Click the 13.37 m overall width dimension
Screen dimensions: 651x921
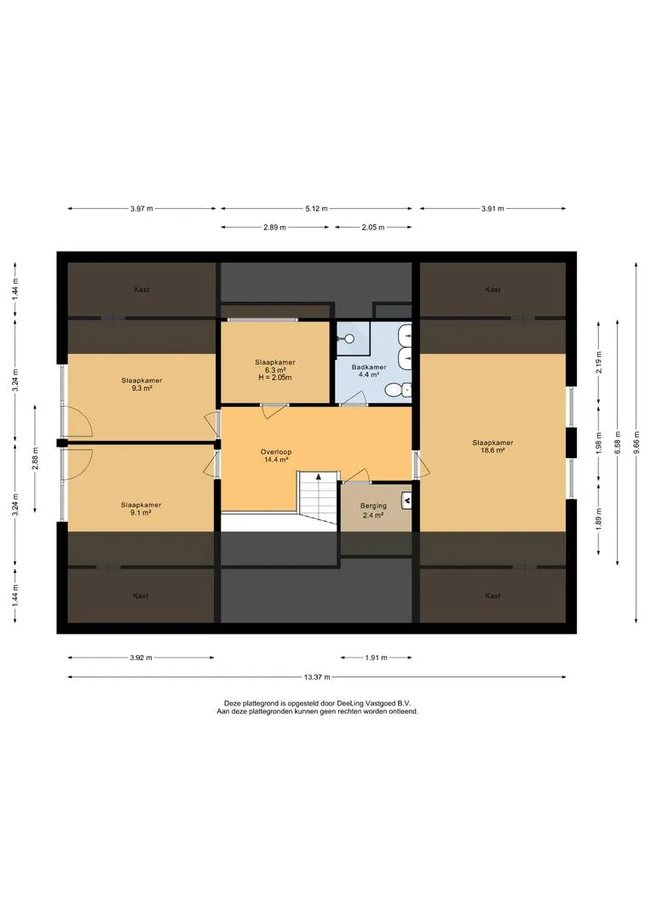click(317, 676)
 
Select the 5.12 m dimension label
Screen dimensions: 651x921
click(316, 209)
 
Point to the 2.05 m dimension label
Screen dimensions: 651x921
click(372, 228)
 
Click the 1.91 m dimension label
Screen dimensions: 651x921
click(376, 657)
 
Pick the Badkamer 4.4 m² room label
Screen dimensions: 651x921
click(369, 371)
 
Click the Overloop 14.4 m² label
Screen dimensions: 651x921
click(276, 455)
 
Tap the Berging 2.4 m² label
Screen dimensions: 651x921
click(373, 510)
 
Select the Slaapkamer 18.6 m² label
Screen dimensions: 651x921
click(493, 446)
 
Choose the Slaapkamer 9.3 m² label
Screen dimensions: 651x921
click(141, 384)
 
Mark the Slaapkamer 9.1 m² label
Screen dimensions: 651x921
click(141, 508)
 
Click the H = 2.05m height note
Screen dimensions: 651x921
click(274, 378)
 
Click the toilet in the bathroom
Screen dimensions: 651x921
click(400, 389)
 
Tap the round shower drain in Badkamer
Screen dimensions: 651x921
click(349, 339)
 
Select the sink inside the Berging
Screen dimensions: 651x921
click(406, 500)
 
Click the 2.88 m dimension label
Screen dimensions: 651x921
click(35, 458)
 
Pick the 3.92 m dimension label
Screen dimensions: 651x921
click(141, 657)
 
